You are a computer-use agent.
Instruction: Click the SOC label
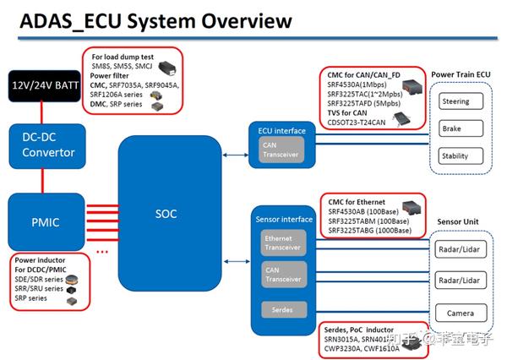[166, 214]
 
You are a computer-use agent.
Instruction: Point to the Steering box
[461, 102]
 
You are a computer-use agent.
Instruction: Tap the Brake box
[461, 129]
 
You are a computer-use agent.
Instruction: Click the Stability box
[461, 157]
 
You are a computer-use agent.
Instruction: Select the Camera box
[461, 314]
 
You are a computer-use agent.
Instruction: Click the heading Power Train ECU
[461, 74]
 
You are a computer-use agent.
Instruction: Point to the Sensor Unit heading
[461, 221]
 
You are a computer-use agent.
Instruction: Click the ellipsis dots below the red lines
[103, 250]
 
